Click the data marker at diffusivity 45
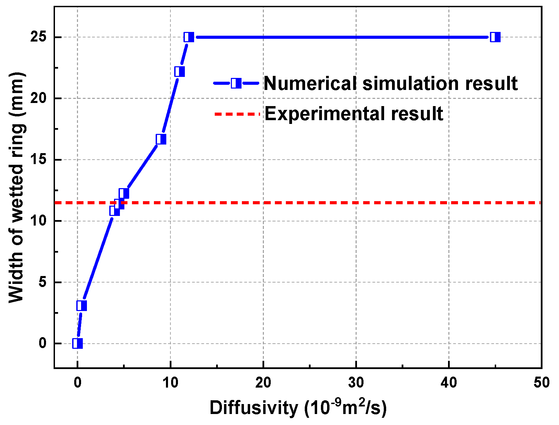[495, 37]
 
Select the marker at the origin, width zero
[78, 343]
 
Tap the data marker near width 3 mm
[82, 306]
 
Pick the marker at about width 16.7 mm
[161, 139]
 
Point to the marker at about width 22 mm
[179, 72]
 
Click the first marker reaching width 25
[189, 37]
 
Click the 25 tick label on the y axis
[38, 37]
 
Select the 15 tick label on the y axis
[38, 160]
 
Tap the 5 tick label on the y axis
[42, 282]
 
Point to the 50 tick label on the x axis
[541, 383]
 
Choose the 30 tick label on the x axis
[356, 383]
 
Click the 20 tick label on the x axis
[263, 383]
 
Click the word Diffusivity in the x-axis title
[254, 408]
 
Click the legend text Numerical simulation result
[390, 83]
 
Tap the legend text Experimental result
[354, 114]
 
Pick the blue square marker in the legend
[236, 83]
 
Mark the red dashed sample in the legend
[237, 114]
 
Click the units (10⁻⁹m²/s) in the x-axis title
[345, 408]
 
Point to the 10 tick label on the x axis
[170, 383]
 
